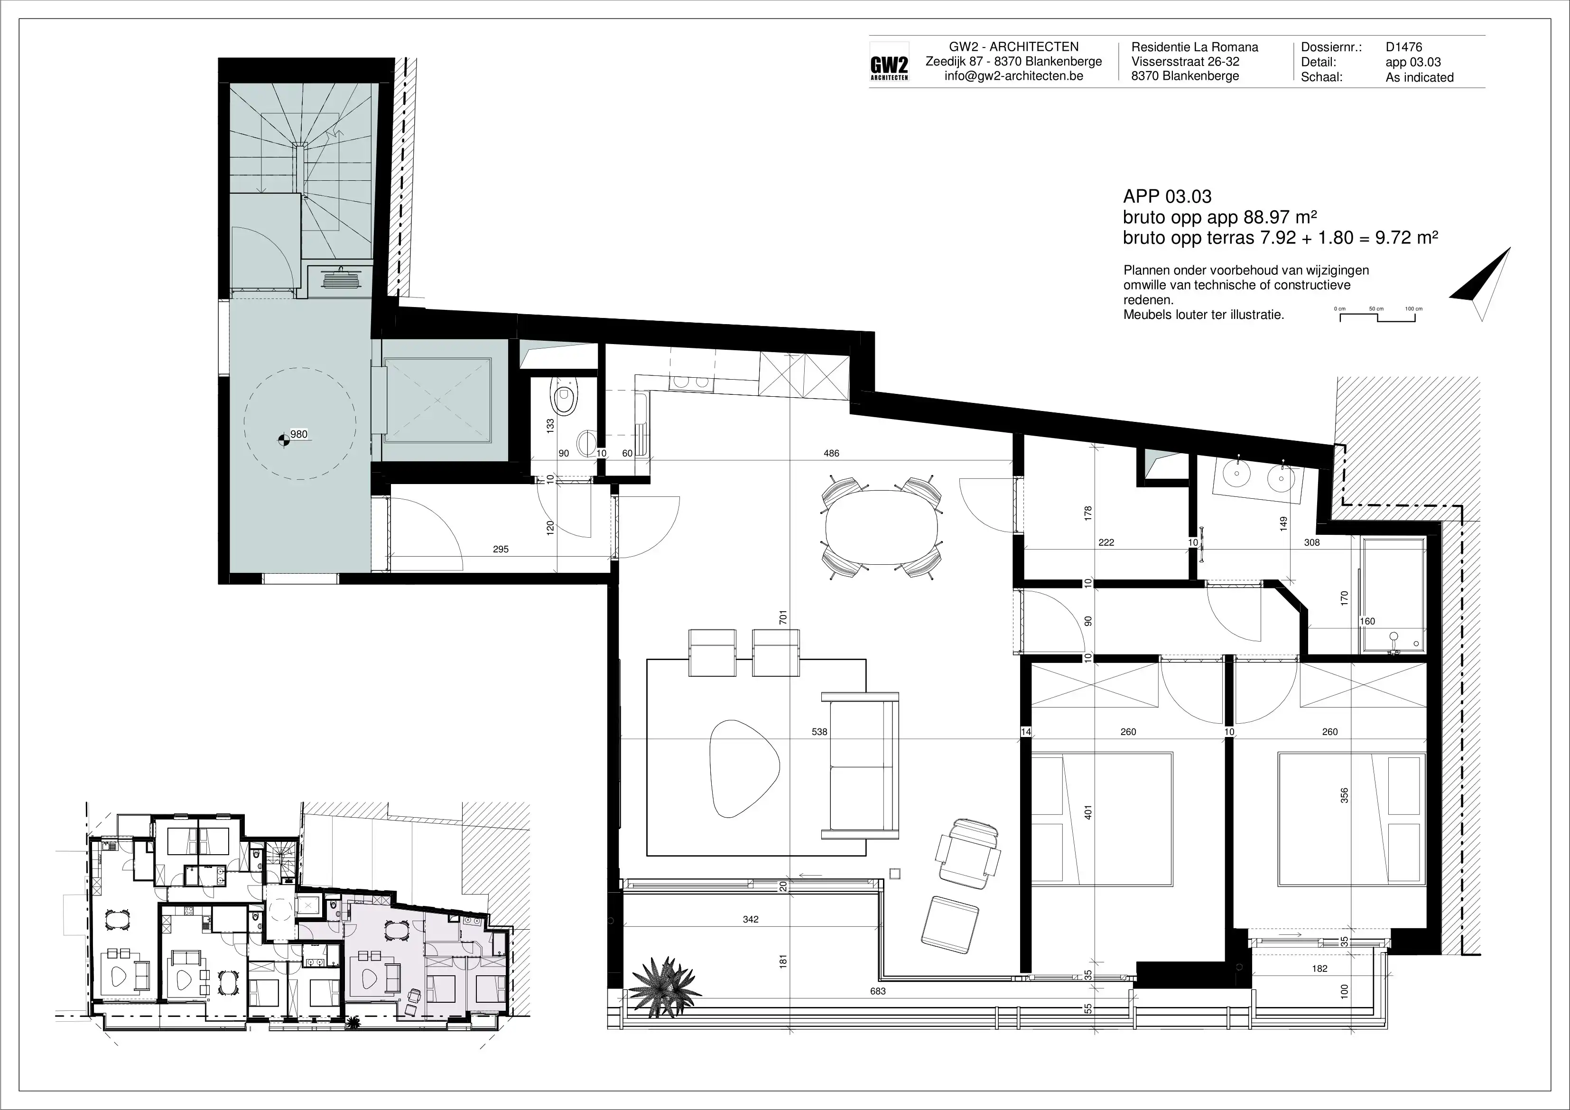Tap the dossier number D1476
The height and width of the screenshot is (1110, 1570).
(1404, 47)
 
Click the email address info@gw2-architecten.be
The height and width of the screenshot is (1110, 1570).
(1013, 76)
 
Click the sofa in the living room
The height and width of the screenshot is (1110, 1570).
(860, 764)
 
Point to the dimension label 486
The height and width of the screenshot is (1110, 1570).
(831, 453)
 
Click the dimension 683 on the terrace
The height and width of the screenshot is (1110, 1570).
(878, 990)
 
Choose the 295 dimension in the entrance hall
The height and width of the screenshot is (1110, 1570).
(501, 549)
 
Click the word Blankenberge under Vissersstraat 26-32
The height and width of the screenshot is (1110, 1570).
(1200, 76)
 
